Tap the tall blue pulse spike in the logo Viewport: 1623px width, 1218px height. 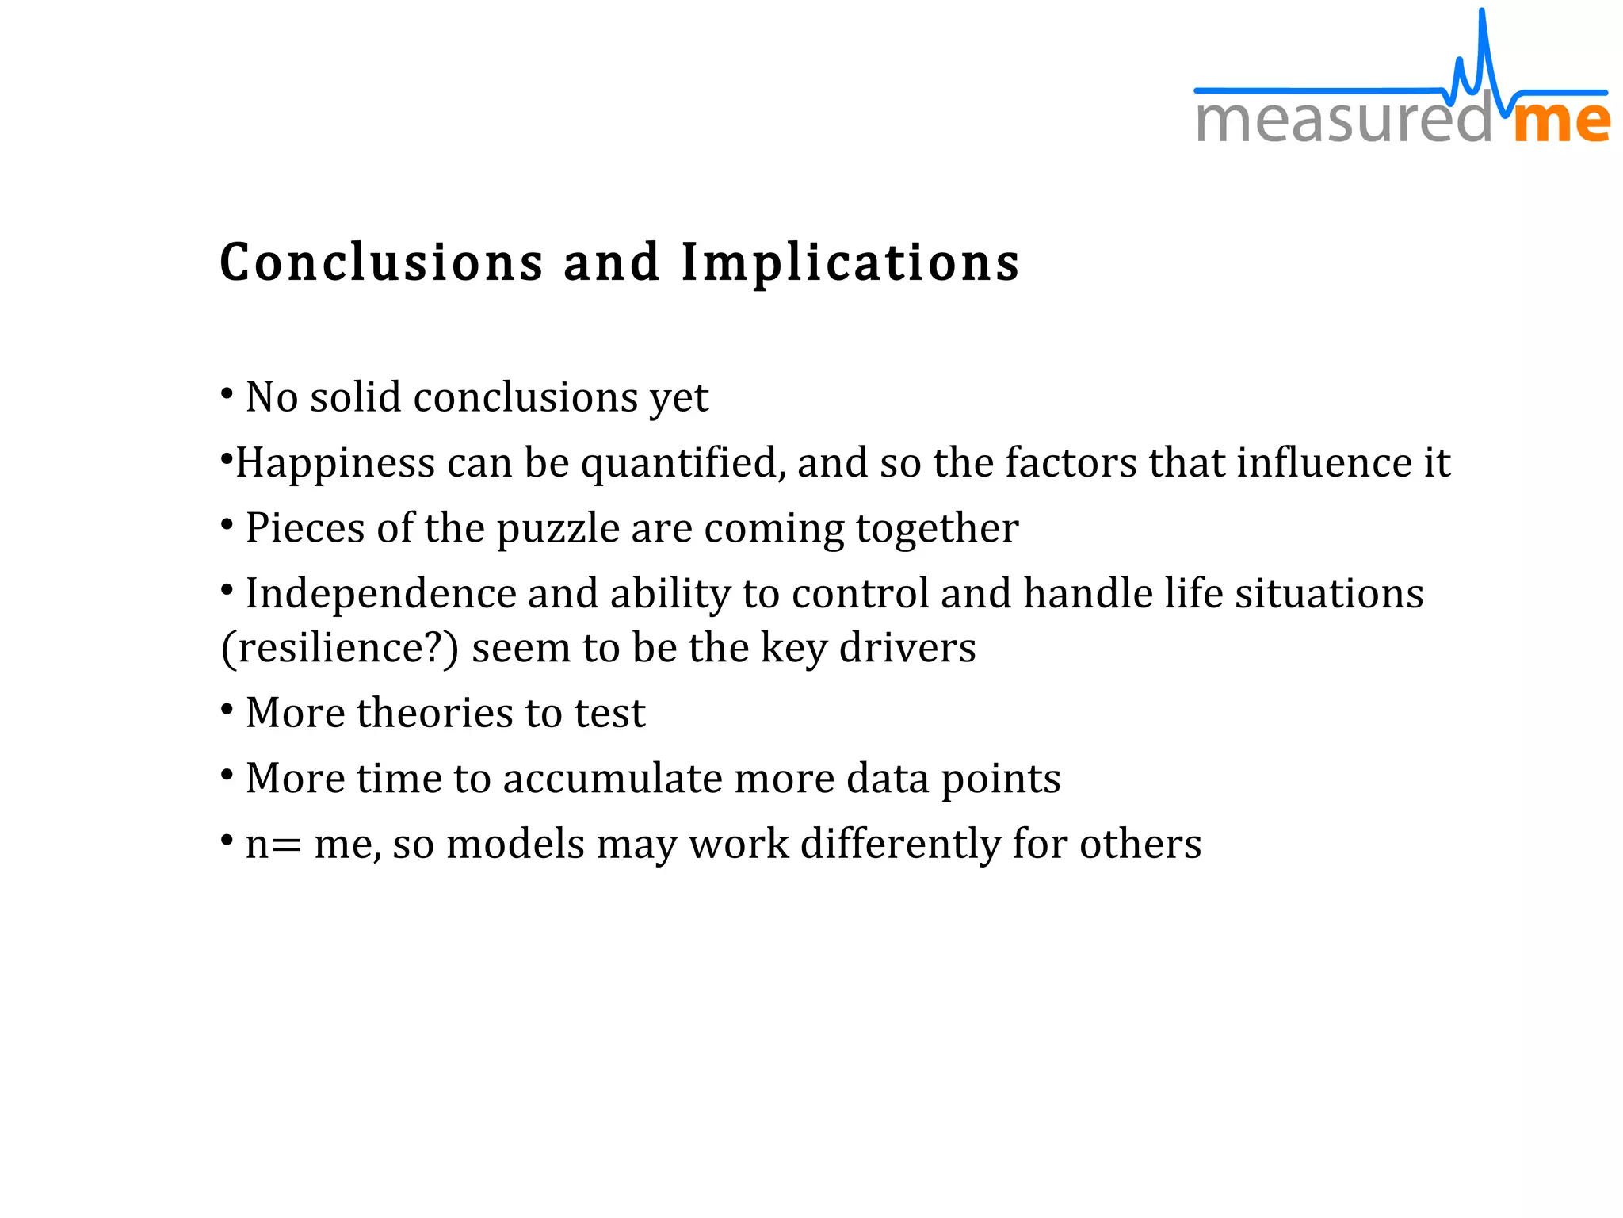(x=1482, y=48)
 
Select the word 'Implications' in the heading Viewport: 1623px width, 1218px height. (x=850, y=264)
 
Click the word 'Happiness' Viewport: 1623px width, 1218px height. (x=336, y=463)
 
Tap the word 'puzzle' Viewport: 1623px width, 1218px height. (x=558, y=529)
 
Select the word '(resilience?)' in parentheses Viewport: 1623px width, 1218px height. (x=340, y=649)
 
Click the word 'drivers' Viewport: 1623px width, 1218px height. (x=907, y=648)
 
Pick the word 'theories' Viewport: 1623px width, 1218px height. (x=438, y=713)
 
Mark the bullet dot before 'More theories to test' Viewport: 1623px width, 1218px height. (x=227, y=709)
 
